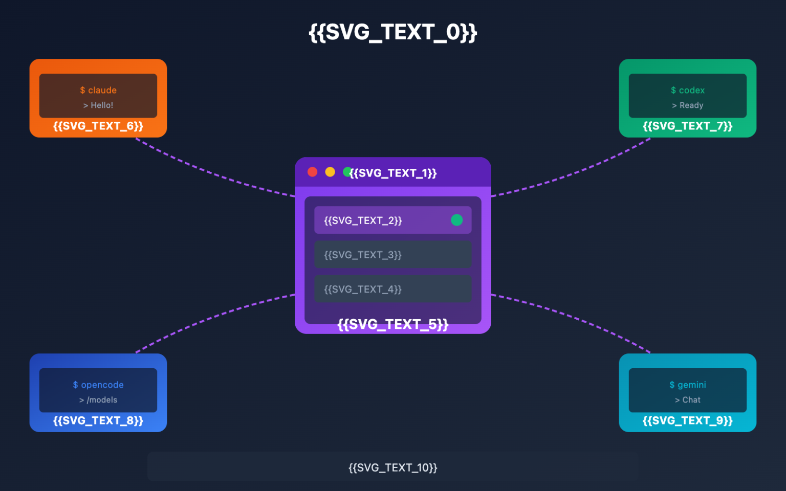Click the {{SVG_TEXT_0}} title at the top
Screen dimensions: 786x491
pyautogui.click(x=392, y=32)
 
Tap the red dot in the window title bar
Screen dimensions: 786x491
pyautogui.click(x=312, y=172)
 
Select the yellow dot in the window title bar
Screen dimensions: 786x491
pyautogui.click(x=330, y=172)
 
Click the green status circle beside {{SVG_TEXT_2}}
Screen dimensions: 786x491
pyautogui.click(x=456, y=220)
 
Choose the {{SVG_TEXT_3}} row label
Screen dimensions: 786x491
pyautogui.click(x=363, y=255)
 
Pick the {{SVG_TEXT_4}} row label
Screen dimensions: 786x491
pyautogui.click(x=363, y=289)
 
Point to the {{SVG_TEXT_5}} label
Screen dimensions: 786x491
pyautogui.click(x=393, y=324)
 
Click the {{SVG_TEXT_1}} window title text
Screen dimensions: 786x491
pyautogui.click(x=393, y=173)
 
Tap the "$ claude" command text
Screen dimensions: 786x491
pyautogui.click(x=98, y=90)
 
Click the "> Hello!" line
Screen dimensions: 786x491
pyautogui.click(x=98, y=105)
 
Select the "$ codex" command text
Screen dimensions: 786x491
pyautogui.click(x=688, y=90)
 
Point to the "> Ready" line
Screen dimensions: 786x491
pyautogui.click(x=688, y=105)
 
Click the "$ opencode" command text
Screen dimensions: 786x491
pyautogui.click(x=98, y=385)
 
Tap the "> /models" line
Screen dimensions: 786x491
pyautogui.click(x=98, y=400)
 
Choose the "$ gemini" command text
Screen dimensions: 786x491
pyautogui.click(x=688, y=385)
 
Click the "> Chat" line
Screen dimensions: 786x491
pyautogui.click(x=688, y=400)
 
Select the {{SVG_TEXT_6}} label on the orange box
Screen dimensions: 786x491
pyautogui.click(x=98, y=126)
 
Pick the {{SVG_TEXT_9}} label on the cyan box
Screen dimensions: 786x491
pyautogui.click(x=688, y=420)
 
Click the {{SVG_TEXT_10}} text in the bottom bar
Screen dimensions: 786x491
pyautogui.click(x=393, y=467)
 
